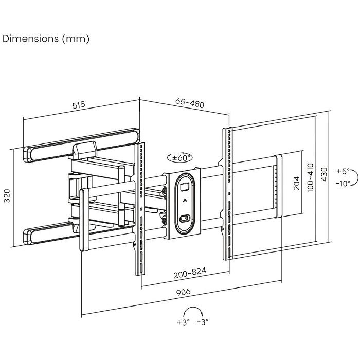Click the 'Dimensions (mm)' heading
pos(46,39)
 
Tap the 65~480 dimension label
pos(190,103)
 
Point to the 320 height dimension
pos(7,195)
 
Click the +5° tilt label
pos(343,171)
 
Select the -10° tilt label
pos(343,183)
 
